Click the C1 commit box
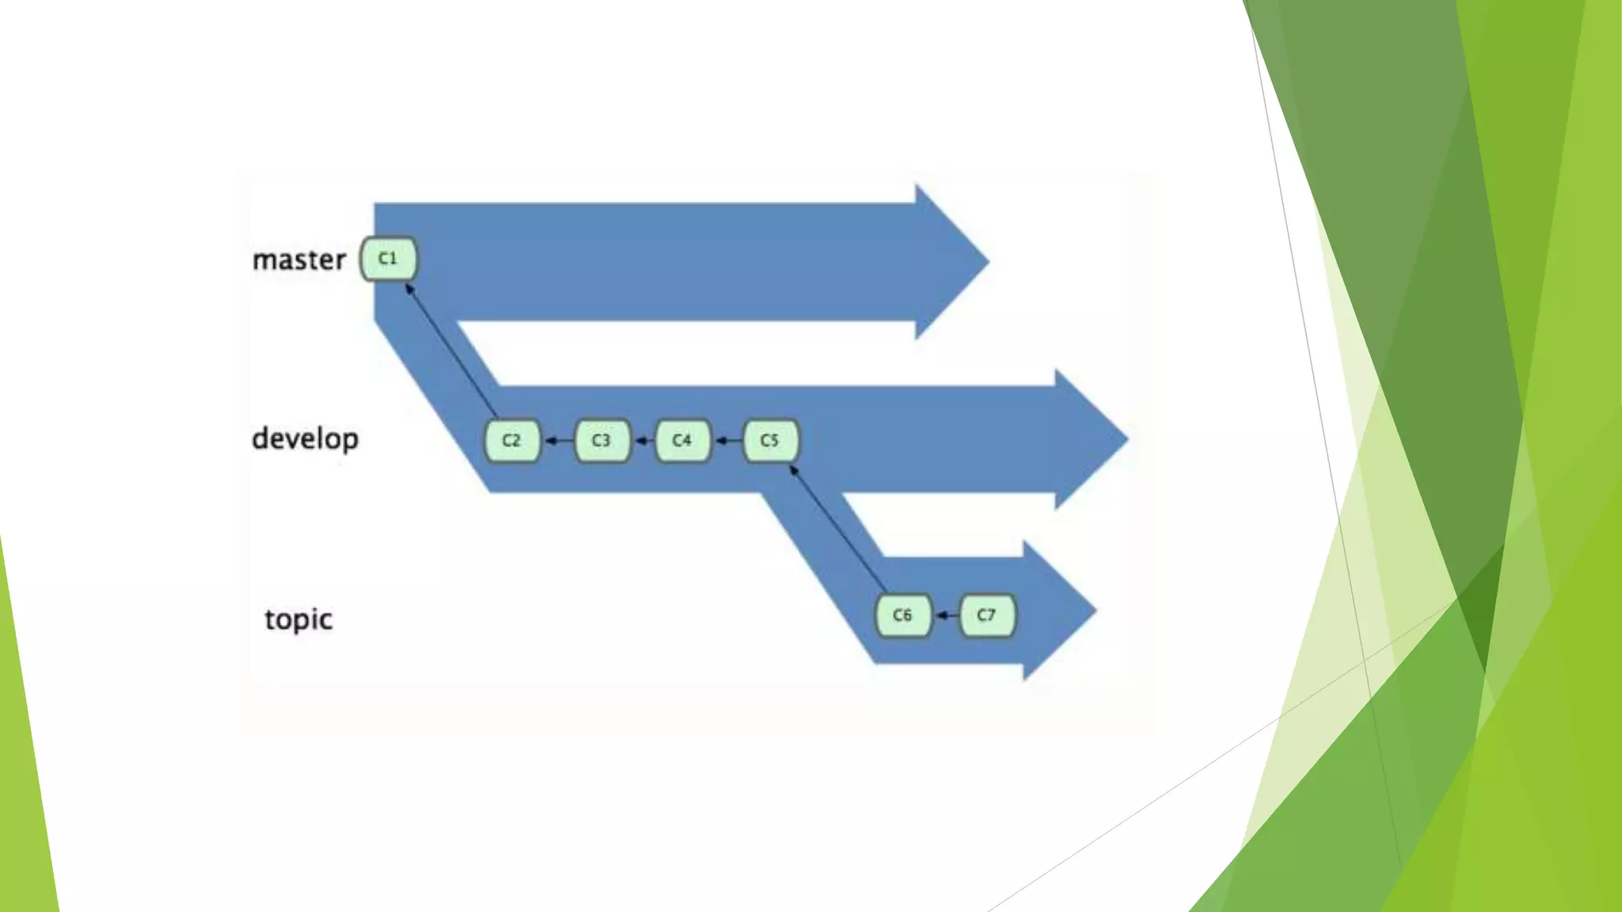388,259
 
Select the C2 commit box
512,440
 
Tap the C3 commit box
601,440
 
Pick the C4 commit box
682,440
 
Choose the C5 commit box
770,440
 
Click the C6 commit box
902,615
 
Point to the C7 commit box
986,615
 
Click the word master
299,260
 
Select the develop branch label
305,439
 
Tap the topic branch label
299,619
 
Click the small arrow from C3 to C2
558,440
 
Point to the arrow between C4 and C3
644,440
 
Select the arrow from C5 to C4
728,440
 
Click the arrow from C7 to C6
946,615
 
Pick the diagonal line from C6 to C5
840,530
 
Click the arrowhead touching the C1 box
409,289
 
